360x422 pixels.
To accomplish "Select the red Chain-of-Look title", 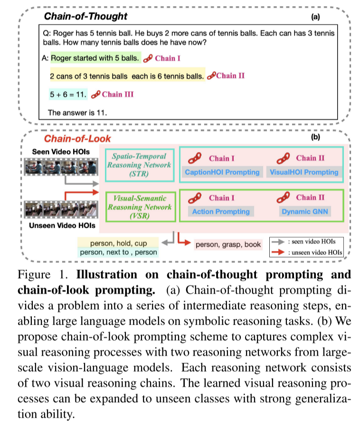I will (78, 139).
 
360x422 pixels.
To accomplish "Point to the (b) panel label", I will (315, 138).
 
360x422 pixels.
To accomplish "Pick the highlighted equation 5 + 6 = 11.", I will (68, 94).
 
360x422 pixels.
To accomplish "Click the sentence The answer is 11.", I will (78, 113).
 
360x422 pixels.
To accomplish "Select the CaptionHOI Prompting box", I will (222, 172).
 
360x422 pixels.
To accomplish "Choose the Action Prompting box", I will (220, 211).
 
